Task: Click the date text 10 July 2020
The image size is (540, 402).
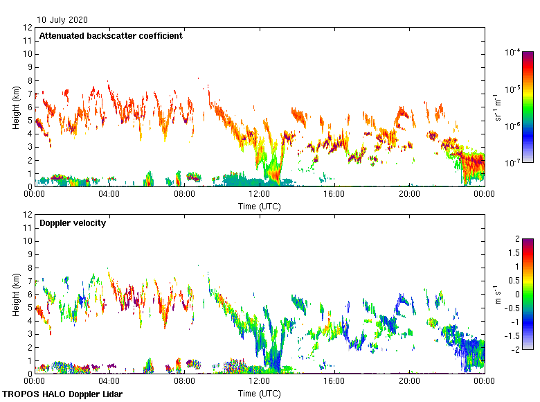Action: (x=62, y=20)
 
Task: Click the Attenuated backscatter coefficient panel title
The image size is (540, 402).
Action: (x=111, y=36)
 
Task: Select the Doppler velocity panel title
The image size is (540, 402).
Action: (x=71, y=223)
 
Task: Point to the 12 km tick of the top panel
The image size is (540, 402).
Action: (x=28, y=28)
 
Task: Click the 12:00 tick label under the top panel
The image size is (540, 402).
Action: (x=259, y=195)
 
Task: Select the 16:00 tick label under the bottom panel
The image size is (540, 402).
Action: (x=334, y=382)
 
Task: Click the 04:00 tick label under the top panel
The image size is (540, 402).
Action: (x=109, y=195)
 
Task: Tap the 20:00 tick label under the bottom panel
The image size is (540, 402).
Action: (x=409, y=382)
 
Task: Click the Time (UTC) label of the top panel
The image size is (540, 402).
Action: (x=259, y=206)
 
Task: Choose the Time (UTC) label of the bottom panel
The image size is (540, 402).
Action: (x=259, y=393)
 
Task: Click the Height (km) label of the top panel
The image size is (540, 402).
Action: (x=15, y=107)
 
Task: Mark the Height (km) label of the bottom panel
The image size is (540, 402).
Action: (x=15, y=295)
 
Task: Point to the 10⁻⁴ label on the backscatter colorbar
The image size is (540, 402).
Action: (x=513, y=53)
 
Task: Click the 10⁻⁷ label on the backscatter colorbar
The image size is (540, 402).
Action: (x=513, y=163)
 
